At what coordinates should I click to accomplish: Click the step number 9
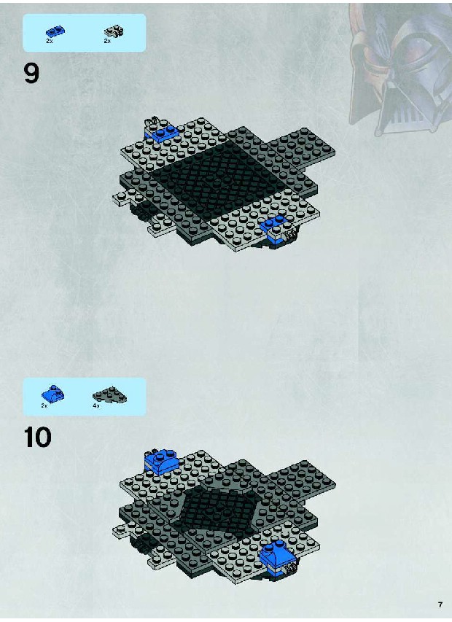point(32,74)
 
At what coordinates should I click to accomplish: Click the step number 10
point(38,438)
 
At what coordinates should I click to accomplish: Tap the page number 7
point(440,604)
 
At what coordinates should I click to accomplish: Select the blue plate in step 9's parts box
point(55,31)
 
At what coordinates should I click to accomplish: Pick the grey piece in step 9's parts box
point(114,31)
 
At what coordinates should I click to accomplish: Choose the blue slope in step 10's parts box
point(52,394)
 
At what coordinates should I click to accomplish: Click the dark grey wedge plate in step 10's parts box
point(110,396)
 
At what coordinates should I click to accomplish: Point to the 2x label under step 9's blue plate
point(49,41)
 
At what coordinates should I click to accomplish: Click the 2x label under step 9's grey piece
point(107,41)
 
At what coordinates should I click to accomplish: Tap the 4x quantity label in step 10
point(96,406)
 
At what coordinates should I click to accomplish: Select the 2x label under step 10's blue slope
point(44,406)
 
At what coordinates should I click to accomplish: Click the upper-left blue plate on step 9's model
point(161,133)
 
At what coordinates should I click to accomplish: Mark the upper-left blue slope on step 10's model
point(161,462)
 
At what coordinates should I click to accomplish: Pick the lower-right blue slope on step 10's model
point(277,554)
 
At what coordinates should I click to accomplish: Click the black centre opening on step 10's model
point(220,511)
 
